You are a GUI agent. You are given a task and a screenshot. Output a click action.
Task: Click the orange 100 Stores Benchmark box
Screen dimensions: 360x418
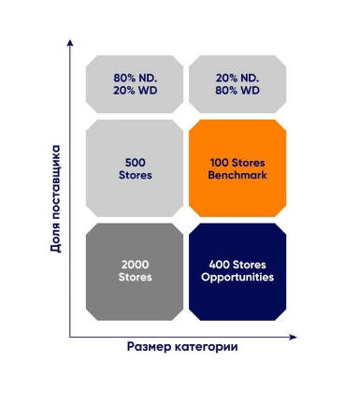tap(238, 168)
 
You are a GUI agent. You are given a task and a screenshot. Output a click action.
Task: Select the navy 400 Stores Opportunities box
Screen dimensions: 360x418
tap(238, 272)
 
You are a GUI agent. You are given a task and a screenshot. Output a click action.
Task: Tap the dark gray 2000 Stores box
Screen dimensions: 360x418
tap(135, 272)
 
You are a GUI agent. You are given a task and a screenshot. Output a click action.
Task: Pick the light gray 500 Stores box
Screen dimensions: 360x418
tap(135, 168)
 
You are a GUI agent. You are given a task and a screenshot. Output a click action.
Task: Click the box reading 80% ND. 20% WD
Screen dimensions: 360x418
tap(135, 84)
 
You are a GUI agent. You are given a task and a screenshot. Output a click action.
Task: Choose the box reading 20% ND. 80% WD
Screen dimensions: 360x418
tap(238, 84)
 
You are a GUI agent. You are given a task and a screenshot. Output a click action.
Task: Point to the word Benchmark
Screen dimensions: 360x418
tap(238, 175)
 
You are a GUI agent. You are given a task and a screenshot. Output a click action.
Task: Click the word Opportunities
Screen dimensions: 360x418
tap(238, 278)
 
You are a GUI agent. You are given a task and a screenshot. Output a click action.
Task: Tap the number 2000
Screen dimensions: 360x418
tap(135, 265)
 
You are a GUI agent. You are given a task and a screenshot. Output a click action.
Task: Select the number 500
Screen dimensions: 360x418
tap(136, 163)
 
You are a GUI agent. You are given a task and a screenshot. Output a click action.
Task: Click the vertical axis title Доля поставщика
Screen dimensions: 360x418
tap(55, 198)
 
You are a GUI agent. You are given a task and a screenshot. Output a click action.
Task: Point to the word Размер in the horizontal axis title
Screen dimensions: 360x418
tap(149, 347)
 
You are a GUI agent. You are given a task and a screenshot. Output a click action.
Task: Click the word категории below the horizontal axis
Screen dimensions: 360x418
tap(206, 347)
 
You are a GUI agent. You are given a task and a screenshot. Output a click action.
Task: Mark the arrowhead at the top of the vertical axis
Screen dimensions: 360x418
tap(70, 42)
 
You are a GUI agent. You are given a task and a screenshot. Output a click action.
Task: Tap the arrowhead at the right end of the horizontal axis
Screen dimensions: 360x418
tap(293, 337)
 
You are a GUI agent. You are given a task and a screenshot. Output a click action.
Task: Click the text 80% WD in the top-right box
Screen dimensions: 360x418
tap(238, 91)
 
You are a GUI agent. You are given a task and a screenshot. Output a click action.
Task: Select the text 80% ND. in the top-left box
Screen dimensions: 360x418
tap(136, 78)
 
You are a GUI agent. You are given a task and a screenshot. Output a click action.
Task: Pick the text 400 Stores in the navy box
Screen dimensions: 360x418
tap(238, 265)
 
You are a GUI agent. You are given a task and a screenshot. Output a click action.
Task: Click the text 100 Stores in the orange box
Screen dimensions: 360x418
tap(238, 163)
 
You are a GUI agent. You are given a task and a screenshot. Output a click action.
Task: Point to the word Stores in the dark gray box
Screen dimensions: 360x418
tap(135, 277)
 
